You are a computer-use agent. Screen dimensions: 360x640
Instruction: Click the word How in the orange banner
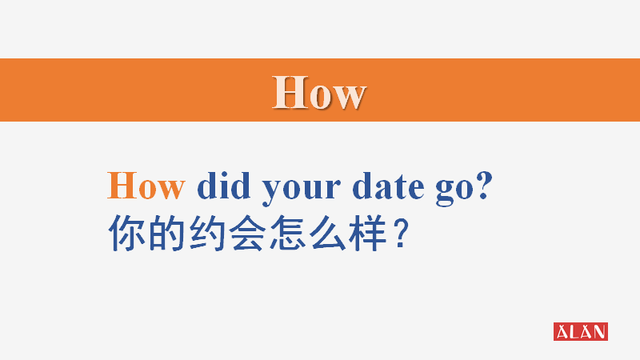click(318, 92)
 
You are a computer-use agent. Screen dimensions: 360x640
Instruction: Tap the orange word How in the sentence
click(146, 187)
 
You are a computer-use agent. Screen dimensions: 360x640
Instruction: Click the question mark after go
click(483, 186)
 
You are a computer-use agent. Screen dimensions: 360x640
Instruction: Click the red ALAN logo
click(580, 331)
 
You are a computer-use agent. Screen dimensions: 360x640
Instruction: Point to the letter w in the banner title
click(349, 95)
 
